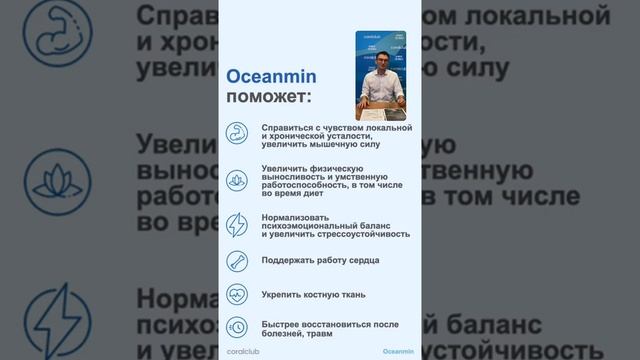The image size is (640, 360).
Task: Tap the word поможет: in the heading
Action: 268,97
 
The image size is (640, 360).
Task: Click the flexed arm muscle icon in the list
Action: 237,134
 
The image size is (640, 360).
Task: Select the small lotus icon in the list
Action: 237,178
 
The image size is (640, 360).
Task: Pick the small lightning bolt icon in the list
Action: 237,223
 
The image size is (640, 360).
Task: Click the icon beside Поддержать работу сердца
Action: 237,261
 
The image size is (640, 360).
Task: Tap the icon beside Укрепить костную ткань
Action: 237,294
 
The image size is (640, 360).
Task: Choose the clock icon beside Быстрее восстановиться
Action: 237,326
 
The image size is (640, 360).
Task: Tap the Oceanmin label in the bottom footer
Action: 398,352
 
